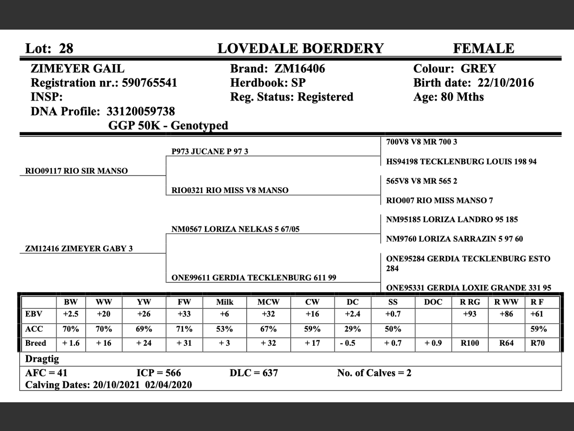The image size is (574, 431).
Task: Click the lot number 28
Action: [66, 48]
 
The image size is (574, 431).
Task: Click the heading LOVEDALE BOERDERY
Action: [300, 48]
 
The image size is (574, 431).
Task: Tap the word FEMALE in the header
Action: [483, 48]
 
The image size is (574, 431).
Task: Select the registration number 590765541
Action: [149, 83]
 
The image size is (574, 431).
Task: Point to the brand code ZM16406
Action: [300, 69]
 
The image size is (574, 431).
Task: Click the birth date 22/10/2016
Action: [505, 83]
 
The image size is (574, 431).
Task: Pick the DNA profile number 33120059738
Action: [140, 111]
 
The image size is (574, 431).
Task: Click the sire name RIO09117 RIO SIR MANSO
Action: [76, 171]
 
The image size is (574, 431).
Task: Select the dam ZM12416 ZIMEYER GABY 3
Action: [79, 249]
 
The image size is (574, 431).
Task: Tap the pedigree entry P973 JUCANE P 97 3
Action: [210, 152]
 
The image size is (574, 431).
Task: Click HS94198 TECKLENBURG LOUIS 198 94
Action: [461, 162]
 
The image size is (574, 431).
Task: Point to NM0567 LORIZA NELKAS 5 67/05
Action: [235, 229]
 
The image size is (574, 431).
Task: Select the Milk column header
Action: [225, 302]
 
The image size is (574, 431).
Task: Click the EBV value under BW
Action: [71, 314]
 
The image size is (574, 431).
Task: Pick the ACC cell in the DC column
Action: [352, 329]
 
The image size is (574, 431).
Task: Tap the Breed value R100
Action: [470, 343]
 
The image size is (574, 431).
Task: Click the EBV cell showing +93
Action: [470, 314]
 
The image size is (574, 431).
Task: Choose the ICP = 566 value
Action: [159, 373]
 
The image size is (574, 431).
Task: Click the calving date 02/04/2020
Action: [169, 385]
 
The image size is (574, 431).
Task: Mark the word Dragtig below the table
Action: [42, 359]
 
